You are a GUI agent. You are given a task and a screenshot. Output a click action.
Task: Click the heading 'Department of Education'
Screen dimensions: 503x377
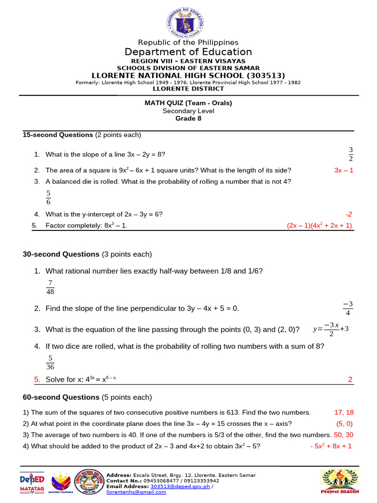(188, 52)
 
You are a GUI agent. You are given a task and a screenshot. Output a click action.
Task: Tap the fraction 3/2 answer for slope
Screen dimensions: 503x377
(350, 154)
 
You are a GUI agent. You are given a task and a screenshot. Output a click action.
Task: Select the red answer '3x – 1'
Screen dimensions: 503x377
(344, 170)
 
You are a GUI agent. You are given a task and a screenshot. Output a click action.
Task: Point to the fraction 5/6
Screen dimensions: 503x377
(48, 197)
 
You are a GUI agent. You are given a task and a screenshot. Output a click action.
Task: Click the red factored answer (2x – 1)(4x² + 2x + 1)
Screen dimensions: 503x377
(320, 225)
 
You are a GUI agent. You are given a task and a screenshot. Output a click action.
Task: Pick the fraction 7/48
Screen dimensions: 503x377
(50, 287)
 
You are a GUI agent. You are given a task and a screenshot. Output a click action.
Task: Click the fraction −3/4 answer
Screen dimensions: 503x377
(348, 308)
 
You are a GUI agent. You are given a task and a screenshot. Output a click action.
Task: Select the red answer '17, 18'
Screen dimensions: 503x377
(344, 413)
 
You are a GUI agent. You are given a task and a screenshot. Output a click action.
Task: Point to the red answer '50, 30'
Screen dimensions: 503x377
(343, 435)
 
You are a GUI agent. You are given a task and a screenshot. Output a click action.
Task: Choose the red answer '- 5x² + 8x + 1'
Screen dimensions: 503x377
(331, 446)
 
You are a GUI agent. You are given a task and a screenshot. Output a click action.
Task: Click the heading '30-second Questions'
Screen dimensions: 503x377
(61, 254)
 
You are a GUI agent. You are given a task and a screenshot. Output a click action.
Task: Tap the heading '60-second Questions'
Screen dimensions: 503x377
(61, 397)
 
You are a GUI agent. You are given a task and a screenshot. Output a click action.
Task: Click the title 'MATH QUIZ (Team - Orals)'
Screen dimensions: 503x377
(188, 103)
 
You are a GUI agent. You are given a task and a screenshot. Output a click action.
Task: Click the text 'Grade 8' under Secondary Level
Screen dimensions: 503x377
(188, 118)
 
